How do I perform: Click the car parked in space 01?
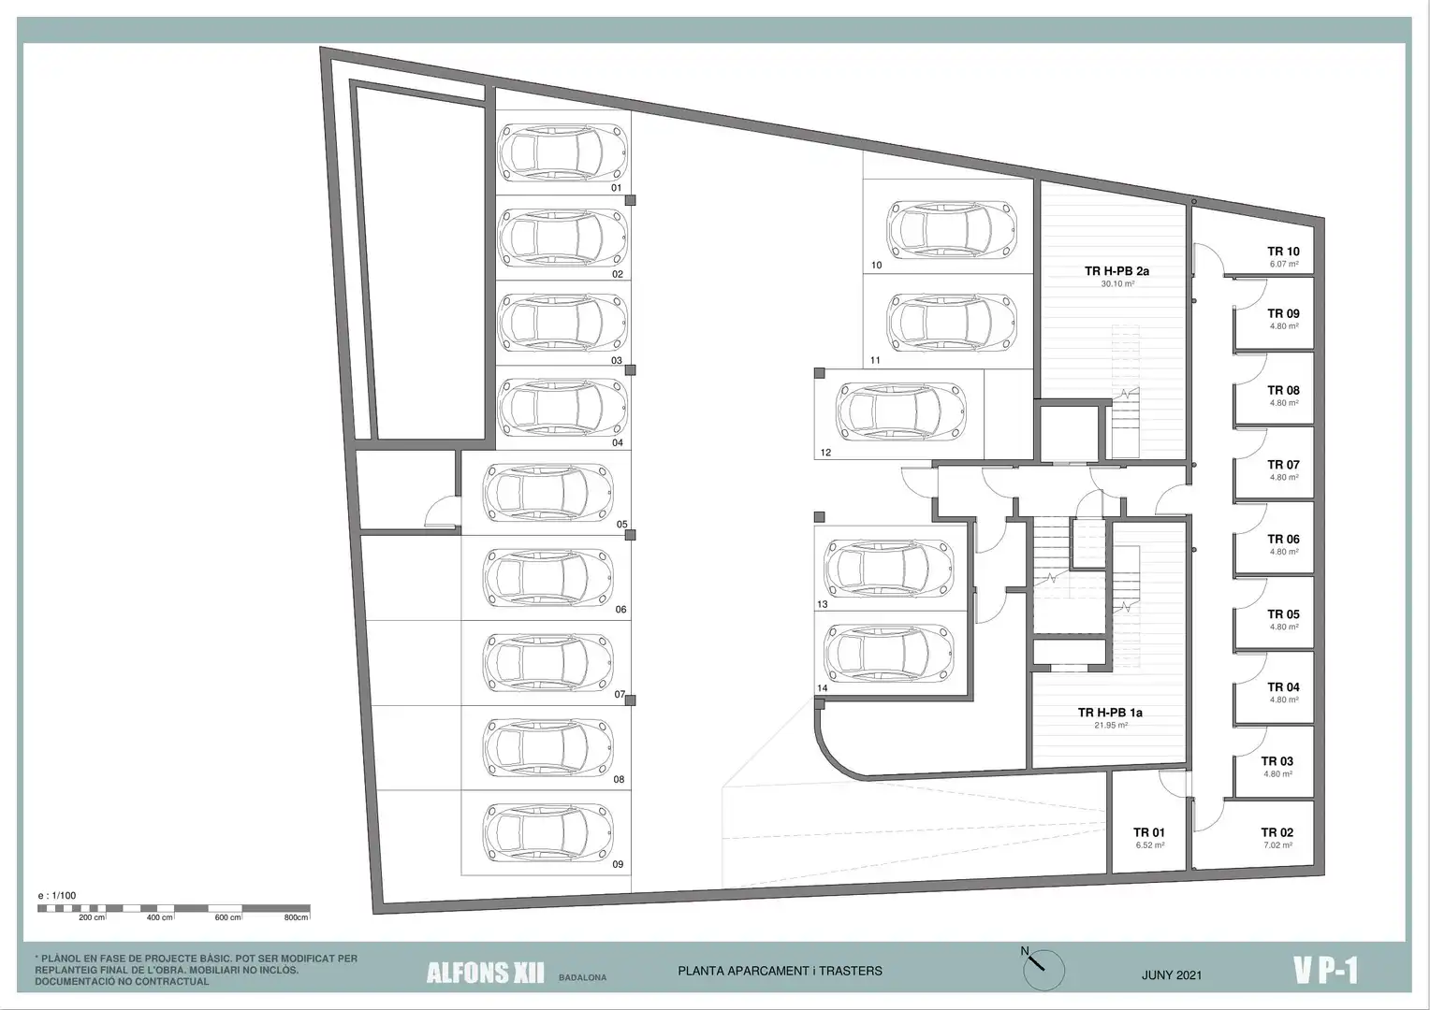point(562,152)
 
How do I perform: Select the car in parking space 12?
point(900,411)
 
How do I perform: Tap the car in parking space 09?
point(547,832)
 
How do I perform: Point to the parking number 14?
point(823,687)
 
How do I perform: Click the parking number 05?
point(621,525)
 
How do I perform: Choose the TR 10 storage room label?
point(1283,252)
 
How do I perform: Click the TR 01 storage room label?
point(1149,832)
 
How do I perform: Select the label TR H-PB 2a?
point(1117,270)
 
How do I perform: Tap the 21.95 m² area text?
point(1111,725)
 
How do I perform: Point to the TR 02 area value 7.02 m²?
point(1277,844)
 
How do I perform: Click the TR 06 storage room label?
point(1283,540)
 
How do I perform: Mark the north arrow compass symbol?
point(1043,969)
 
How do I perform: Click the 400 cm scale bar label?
point(160,917)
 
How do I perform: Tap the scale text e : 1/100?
point(57,895)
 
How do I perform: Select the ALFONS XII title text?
point(485,974)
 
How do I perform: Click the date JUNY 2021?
point(1172,974)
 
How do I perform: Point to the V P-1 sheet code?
point(1325,971)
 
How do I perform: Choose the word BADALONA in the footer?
point(582,977)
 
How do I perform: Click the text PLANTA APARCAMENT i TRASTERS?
point(780,971)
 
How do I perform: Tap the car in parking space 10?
point(951,230)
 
